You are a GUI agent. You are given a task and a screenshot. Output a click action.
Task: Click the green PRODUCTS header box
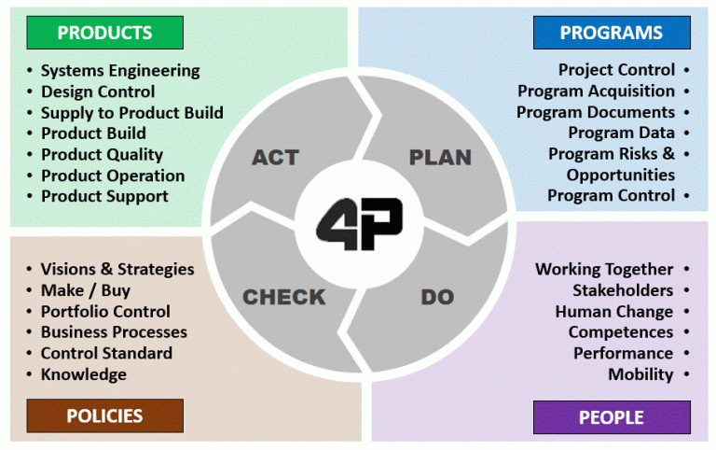click(x=105, y=33)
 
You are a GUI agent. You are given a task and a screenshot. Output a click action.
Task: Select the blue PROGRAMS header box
click(x=612, y=33)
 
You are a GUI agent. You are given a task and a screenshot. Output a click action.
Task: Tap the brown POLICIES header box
click(x=105, y=415)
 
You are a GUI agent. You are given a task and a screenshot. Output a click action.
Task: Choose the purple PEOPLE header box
click(x=612, y=417)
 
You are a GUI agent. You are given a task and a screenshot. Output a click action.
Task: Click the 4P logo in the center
click(x=359, y=224)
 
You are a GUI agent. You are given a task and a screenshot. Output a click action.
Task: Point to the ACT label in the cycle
click(x=275, y=158)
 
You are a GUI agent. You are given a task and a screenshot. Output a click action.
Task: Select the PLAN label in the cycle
click(x=440, y=158)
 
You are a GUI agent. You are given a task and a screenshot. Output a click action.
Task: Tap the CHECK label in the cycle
click(x=284, y=297)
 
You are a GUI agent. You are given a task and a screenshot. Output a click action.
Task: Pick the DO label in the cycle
click(x=437, y=297)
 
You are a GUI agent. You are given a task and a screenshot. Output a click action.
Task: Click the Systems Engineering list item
click(x=120, y=71)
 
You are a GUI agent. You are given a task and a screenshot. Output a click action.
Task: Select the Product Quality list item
click(x=102, y=155)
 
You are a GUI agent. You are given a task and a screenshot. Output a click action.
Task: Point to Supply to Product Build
click(x=132, y=113)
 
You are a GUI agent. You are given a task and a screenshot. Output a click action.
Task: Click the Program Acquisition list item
click(x=596, y=91)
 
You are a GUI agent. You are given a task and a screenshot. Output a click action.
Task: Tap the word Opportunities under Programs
click(x=621, y=176)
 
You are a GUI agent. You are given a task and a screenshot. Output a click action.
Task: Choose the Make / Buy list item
click(x=86, y=290)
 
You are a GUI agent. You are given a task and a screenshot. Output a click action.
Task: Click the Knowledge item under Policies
click(x=84, y=374)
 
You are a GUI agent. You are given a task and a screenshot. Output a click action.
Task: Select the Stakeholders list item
click(x=623, y=290)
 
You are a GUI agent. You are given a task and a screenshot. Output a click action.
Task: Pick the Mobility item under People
click(x=640, y=374)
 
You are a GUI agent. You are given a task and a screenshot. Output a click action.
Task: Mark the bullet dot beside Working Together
click(x=686, y=269)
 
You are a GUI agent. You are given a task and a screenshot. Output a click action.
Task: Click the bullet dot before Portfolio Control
click(x=29, y=312)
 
